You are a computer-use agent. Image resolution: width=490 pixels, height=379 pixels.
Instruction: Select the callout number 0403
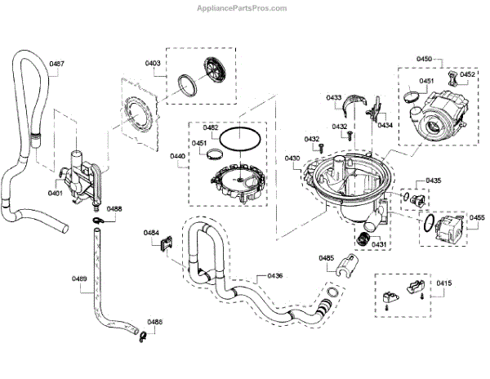click(153, 63)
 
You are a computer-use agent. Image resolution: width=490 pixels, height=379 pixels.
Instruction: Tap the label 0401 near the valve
click(55, 194)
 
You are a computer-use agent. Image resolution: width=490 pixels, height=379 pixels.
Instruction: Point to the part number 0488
click(114, 209)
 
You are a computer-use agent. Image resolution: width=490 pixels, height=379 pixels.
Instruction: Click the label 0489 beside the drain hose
click(79, 279)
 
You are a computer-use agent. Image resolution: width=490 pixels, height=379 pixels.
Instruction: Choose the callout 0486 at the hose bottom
click(154, 322)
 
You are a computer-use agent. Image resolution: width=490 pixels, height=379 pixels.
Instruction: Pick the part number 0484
click(151, 233)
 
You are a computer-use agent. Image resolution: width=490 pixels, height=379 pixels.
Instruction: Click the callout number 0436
click(274, 275)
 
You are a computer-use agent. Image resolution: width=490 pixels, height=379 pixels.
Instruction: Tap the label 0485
click(327, 258)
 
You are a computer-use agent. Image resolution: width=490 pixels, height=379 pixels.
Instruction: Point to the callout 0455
click(478, 217)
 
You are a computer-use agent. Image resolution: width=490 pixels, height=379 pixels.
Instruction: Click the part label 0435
click(433, 180)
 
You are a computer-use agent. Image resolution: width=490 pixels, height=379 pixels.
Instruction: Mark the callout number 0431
click(379, 243)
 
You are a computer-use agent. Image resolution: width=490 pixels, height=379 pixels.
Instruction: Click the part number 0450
click(425, 60)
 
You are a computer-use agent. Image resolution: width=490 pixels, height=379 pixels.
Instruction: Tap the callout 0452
click(468, 74)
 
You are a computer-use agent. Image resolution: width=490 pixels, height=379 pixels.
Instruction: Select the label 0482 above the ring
click(211, 127)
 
